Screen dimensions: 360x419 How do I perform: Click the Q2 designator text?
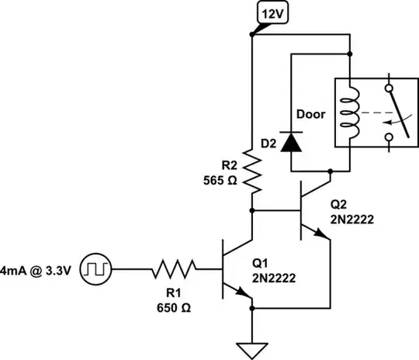[339, 206]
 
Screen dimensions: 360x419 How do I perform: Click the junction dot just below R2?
[252, 209]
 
